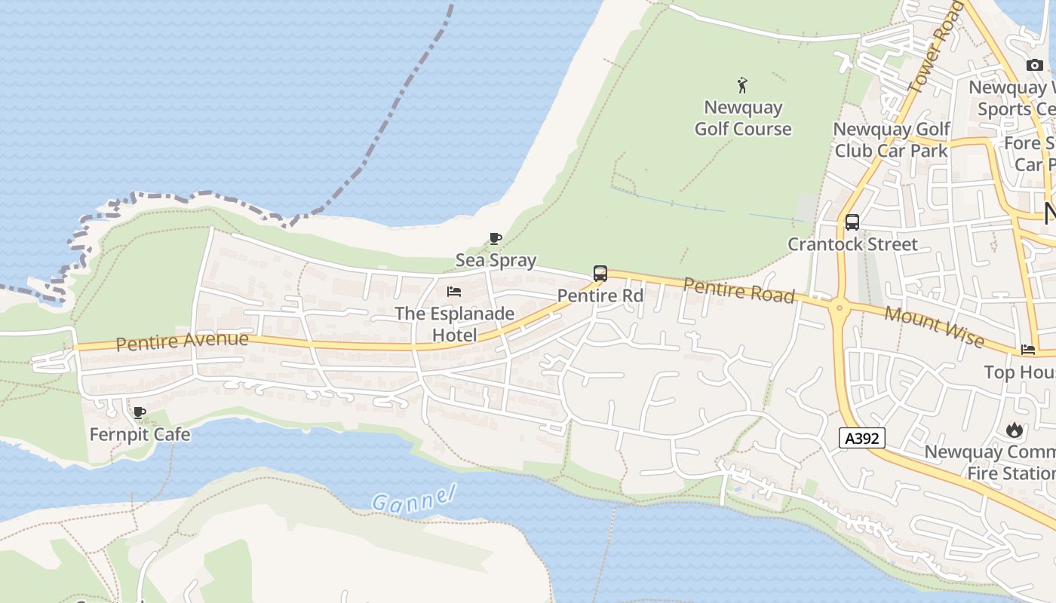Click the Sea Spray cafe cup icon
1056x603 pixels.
click(x=495, y=239)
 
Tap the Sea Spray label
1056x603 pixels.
click(x=496, y=261)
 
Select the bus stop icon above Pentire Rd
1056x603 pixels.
click(x=600, y=274)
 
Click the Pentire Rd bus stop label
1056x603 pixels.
click(x=600, y=295)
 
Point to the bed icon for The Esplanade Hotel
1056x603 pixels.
click(x=454, y=292)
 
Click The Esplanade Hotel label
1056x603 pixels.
click(x=454, y=324)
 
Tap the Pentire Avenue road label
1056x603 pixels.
click(x=183, y=341)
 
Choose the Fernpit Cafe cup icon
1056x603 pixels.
click(x=139, y=412)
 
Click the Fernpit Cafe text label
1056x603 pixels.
click(x=140, y=435)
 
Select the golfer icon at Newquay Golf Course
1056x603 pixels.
click(x=743, y=84)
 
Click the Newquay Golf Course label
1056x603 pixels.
click(x=743, y=118)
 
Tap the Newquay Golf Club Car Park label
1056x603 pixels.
click(x=891, y=139)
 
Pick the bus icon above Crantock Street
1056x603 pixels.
click(x=852, y=222)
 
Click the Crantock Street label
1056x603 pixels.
click(x=852, y=244)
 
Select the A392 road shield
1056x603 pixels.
click(x=861, y=438)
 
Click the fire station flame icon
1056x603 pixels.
click(x=1015, y=430)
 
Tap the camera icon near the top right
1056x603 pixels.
click(x=1035, y=66)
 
